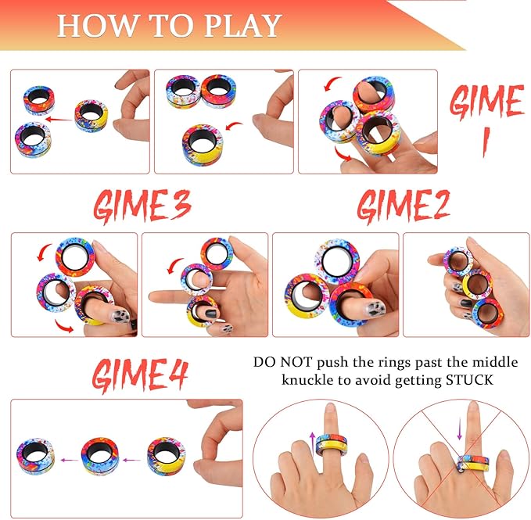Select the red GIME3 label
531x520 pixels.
[142, 206]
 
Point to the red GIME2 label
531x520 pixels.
[405, 206]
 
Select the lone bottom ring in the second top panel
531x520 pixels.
[203, 139]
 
